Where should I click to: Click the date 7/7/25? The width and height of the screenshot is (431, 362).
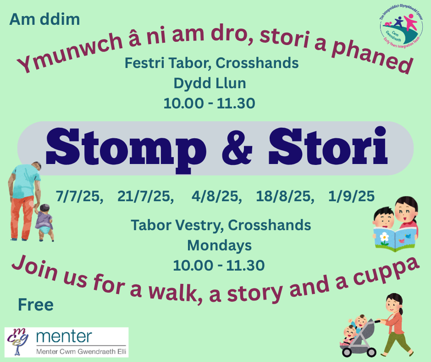click(78, 197)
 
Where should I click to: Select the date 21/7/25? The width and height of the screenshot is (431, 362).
click(144, 197)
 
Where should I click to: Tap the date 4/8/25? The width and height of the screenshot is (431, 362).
click(215, 197)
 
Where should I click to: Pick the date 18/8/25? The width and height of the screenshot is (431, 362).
click(283, 197)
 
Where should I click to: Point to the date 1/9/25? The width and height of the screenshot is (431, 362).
click(351, 196)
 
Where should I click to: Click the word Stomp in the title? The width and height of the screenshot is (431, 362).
click(126, 150)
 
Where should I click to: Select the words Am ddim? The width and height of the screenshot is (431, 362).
click(44, 19)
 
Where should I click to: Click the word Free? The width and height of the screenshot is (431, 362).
click(36, 305)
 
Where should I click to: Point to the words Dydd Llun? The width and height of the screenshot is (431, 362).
click(210, 83)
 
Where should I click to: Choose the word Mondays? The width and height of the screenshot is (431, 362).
click(219, 245)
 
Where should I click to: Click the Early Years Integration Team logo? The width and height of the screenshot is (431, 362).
click(401, 28)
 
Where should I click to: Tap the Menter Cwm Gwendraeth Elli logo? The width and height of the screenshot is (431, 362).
click(66, 342)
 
